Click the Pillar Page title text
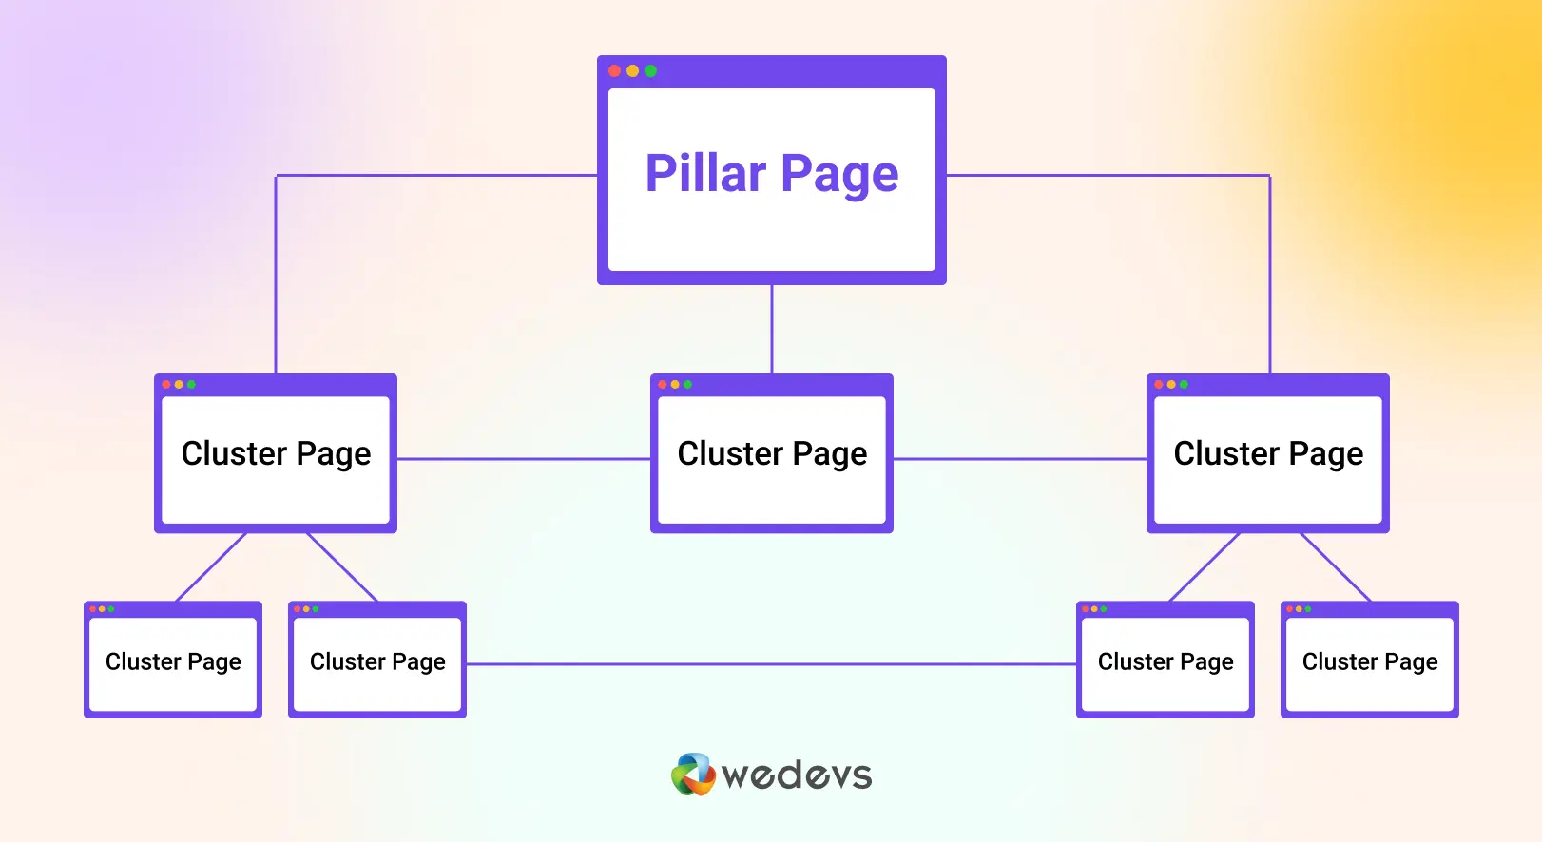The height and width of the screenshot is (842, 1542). pyautogui.click(x=772, y=175)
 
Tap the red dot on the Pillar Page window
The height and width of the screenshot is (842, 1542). pyautogui.click(x=615, y=71)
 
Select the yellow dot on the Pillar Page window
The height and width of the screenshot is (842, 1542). pyautogui.click(x=632, y=71)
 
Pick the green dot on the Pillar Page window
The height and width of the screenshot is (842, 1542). pyautogui.click(x=650, y=71)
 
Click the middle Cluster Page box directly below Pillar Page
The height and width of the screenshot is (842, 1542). pyautogui.click(x=772, y=453)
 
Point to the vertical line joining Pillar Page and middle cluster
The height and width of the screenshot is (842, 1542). pyautogui.click(x=772, y=330)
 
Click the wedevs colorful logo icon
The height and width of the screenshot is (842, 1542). pyautogui.click(x=693, y=774)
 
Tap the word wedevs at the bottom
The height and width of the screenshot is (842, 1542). pyautogui.click(x=798, y=775)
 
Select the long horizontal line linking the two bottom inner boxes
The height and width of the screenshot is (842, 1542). pyautogui.click(x=772, y=664)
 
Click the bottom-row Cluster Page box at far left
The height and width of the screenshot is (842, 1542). pyautogui.click(x=173, y=660)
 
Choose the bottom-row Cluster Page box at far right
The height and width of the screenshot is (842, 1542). pyautogui.click(x=1370, y=660)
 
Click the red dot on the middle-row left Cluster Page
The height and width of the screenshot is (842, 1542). pyautogui.click(x=166, y=385)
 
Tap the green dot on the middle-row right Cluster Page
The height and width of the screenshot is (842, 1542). pyautogui.click(x=1184, y=385)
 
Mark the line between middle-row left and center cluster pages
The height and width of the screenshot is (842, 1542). pyautogui.click(x=524, y=459)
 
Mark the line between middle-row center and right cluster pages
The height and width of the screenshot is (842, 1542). pyautogui.click(x=1020, y=459)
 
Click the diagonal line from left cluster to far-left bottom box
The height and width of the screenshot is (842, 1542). pyautogui.click(x=211, y=567)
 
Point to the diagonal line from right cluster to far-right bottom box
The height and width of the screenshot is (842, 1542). pyautogui.click(x=1336, y=567)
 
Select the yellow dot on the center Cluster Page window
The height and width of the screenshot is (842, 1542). pyautogui.click(x=675, y=385)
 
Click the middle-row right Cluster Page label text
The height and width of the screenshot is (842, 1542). pyautogui.click(x=1268, y=454)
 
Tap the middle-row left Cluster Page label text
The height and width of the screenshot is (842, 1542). pyautogui.click(x=276, y=454)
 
